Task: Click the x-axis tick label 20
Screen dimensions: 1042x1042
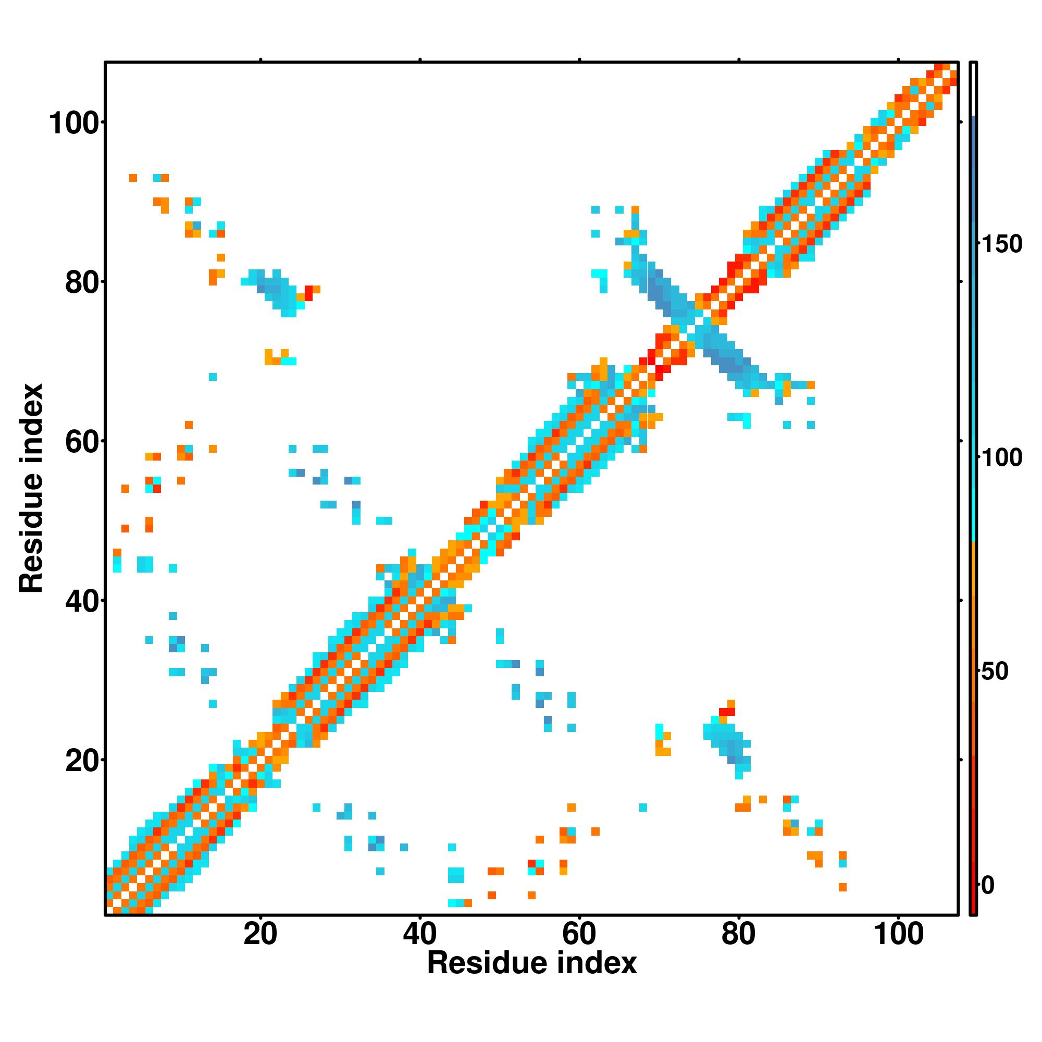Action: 260,934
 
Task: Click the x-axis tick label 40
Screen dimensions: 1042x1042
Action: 419,934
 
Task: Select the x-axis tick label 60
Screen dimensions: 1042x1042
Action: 579,934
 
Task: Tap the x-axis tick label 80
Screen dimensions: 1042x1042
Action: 738,934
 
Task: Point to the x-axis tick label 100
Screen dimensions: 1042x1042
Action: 898,934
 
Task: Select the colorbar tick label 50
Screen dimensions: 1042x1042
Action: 995,672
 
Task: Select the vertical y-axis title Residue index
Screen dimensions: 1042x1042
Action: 31,488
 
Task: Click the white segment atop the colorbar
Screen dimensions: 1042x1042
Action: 974,89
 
